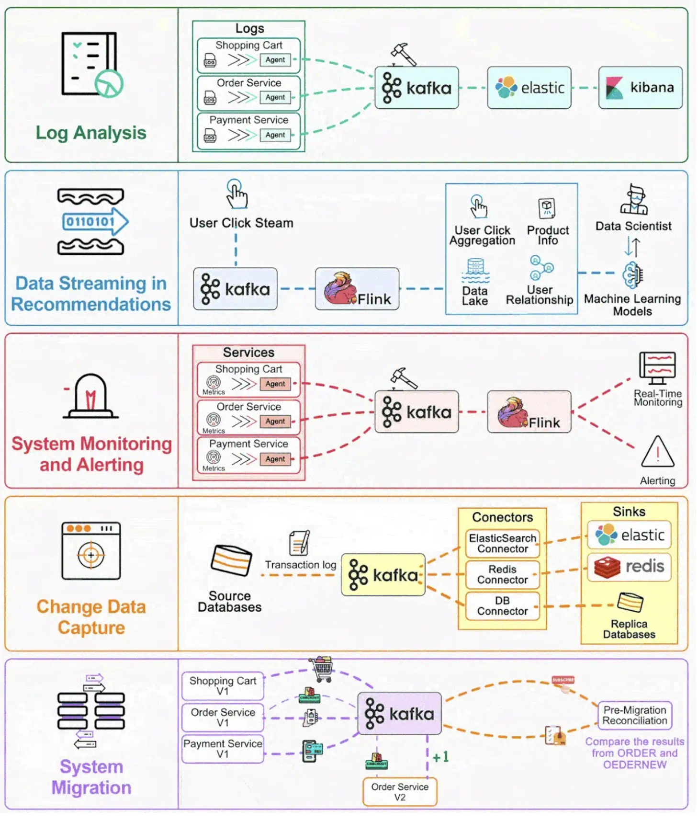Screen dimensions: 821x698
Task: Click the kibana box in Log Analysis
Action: point(640,88)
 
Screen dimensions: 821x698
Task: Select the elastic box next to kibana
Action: point(529,88)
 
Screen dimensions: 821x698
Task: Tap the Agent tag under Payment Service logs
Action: point(275,135)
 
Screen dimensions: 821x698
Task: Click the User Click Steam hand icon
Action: point(236,194)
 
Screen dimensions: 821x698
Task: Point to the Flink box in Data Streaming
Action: point(357,289)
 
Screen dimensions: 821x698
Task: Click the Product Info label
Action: point(548,235)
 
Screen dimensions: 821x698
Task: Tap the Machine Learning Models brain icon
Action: point(632,275)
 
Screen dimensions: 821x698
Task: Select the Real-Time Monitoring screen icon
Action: point(657,368)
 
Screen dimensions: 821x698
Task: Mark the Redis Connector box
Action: point(502,575)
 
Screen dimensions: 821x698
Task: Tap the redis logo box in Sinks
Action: point(629,567)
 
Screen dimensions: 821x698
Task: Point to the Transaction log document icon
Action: point(300,543)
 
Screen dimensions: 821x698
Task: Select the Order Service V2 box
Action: point(400,791)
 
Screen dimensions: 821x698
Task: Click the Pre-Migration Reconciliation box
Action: point(634,715)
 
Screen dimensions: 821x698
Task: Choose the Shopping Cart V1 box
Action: point(223,685)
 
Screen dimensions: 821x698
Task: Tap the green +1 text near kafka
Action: point(440,757)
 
